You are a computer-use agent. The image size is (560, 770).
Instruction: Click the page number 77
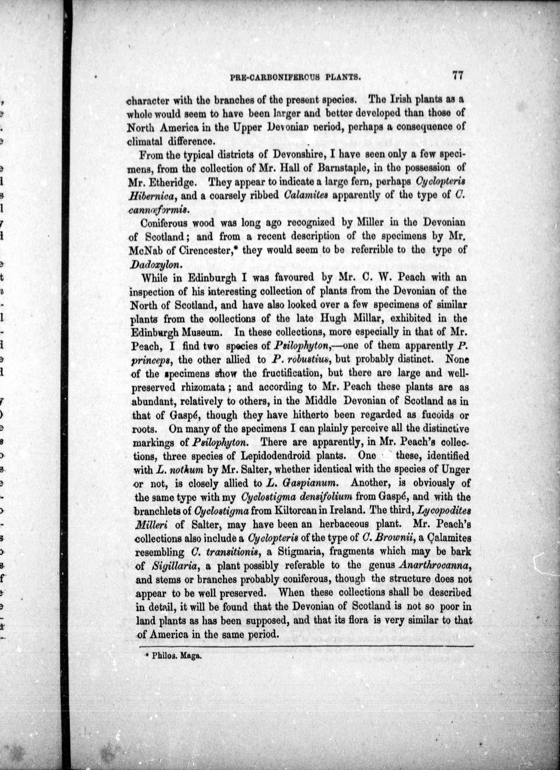click(x=457, y=75)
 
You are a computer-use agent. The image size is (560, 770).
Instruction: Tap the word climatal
click(x=145, y=141)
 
